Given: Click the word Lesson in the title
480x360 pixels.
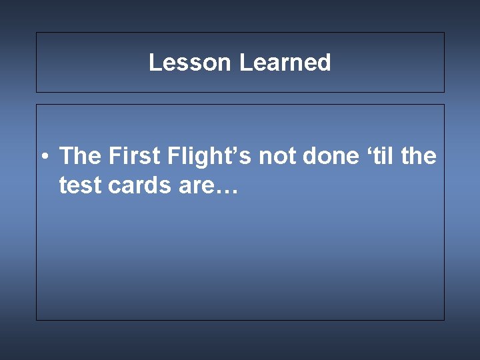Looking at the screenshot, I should point(190,63).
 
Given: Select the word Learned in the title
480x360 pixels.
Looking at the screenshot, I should point(285,63).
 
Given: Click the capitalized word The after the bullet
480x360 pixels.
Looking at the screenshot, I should point(79,157).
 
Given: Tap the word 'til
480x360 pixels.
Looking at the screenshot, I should point(380,157).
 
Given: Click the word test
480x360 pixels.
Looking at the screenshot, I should point(79,185).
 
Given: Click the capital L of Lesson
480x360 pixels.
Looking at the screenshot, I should point(154,63).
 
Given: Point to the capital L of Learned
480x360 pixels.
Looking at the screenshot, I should point(244,63).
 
